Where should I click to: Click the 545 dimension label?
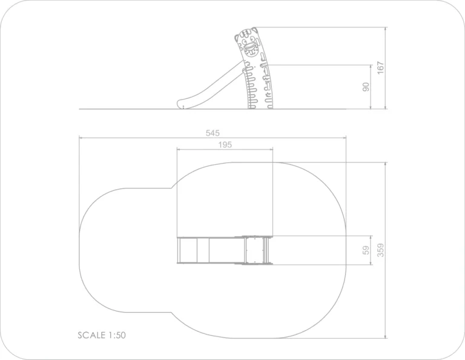(x=213, y=133)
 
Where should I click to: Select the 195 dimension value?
(x=225, y=145)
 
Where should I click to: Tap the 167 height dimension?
(x=380, y=68)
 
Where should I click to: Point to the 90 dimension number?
(x=366, y=87)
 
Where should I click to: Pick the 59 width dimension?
(x=366, y=250)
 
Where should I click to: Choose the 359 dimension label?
(x=380, y=250)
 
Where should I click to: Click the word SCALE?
(x=91, y=335)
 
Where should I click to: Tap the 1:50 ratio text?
(x=117, y=335)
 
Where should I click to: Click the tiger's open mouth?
(x=249, y=47)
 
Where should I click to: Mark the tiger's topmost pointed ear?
(x=254, y=30)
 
